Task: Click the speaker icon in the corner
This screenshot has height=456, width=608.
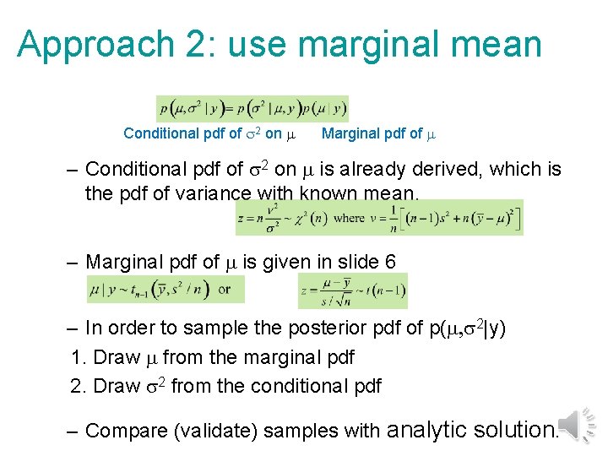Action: coord(579,424)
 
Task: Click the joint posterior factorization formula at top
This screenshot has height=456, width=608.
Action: coord(252,108)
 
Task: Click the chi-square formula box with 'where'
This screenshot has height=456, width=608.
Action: coord(379,217)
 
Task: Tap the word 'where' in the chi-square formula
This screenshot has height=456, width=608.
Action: coord(349,217)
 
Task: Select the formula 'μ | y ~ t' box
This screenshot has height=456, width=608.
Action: coord(166,289)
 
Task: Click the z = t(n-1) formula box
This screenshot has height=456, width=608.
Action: coord(353,291)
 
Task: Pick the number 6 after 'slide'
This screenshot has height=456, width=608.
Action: coord(389,262)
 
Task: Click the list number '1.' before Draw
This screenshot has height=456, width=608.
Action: coord(80,357)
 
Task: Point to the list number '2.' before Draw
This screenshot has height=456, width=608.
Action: coord(80,386)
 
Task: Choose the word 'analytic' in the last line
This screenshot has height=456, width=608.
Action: coord(426,429)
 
